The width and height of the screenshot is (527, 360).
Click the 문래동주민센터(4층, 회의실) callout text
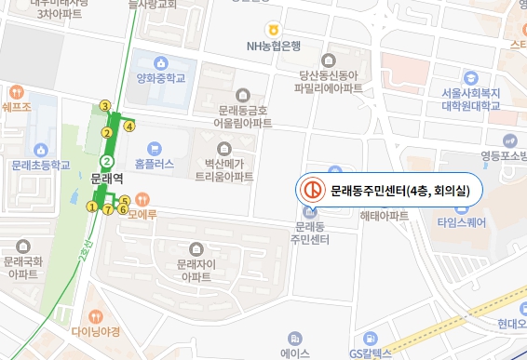(400, 191)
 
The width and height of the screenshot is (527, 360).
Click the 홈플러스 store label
(155, 161)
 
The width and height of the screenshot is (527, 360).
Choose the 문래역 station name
(107, 177)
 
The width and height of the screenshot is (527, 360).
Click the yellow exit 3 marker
(105, 106)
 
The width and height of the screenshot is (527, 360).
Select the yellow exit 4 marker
(129, 126)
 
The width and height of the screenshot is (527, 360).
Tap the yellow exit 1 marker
(91, 207)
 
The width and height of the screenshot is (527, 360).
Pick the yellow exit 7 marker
(108, 210)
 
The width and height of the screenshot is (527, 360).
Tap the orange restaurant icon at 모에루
(142, 198)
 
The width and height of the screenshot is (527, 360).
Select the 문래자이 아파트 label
(196, 271)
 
